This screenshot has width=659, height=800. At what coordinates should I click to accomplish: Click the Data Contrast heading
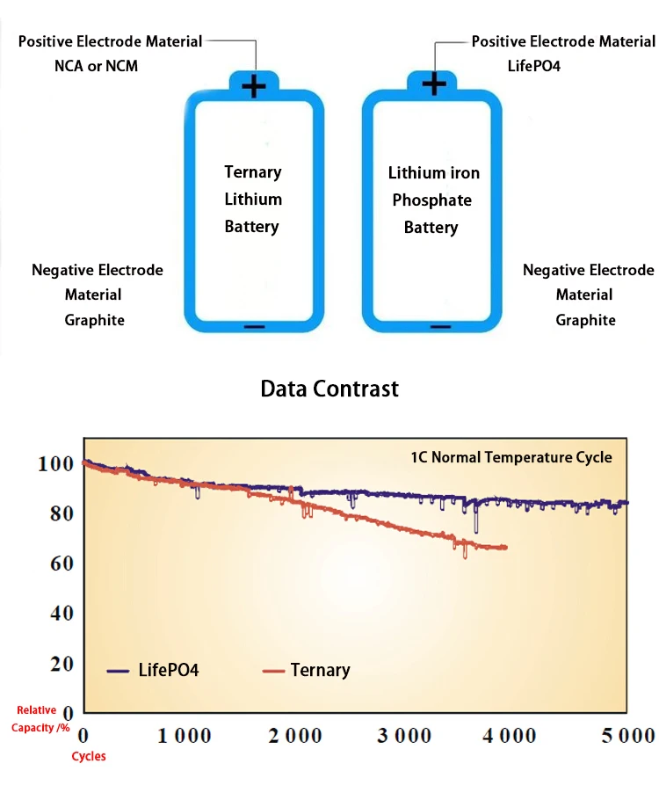[329, 389]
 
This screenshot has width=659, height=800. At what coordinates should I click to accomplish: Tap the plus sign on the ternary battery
[254, 85]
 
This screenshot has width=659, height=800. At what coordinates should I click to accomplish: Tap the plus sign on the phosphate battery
[434, 84]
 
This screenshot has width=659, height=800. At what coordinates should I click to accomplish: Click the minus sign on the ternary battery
[254, 326]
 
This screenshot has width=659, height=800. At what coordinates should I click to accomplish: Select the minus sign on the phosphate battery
[440, 326]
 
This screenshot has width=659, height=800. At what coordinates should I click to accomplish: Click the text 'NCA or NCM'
[96, 66]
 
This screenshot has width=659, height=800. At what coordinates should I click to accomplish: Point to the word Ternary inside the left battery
[253, 172]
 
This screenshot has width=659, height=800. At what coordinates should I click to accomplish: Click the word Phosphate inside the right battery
[431, 200]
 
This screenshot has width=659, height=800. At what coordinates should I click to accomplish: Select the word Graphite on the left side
[95, 320]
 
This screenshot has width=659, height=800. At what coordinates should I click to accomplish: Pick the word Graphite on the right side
[585, 320]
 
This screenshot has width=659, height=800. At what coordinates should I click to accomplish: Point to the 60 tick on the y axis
[61, 563]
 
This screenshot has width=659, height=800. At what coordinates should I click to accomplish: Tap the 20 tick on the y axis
[61, 663]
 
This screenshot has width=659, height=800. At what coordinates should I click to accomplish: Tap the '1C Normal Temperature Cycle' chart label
[511, 457]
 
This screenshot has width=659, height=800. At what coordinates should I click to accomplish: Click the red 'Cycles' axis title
[89, 757]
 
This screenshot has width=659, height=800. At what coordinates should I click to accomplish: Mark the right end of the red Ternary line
[506, 548]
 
